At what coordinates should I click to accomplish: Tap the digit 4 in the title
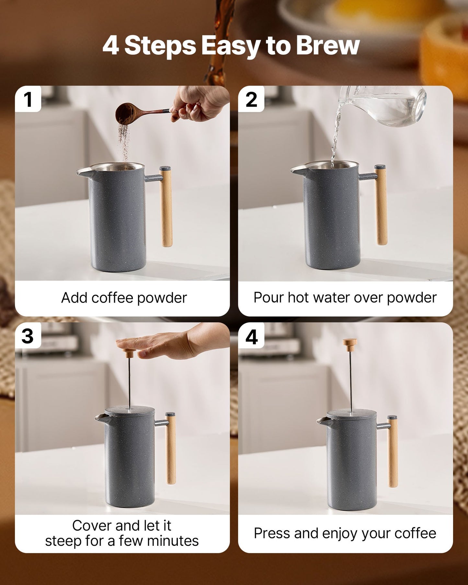point(111,46)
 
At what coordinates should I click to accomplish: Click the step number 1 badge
point(28,99)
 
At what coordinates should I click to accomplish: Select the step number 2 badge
point(251,99)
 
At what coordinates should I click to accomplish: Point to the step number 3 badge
point(28,336)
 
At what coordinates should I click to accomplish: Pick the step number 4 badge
point(251,337)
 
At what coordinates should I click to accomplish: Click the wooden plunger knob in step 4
point(350,345)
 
